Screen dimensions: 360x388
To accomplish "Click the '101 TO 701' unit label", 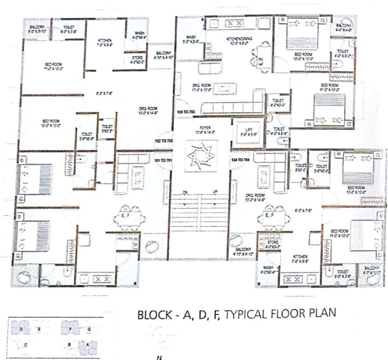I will pos(164,160).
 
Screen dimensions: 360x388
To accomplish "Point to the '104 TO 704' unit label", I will pos(240,160).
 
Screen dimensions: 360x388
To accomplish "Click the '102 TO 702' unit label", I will pos(164,141).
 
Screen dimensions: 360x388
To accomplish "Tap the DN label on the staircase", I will pos(185,192).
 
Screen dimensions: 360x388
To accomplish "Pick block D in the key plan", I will pos(20,329).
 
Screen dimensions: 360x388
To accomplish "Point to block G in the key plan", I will pos(89,329).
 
